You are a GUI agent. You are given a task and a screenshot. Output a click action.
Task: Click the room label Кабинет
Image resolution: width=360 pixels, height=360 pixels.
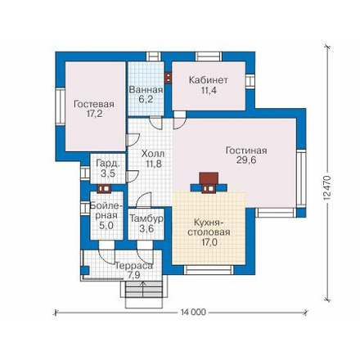click(209, 80)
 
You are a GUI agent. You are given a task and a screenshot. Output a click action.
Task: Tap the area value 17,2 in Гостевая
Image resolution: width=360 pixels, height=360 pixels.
click(94, 114)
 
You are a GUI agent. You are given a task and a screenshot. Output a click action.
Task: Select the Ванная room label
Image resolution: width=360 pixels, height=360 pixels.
click(146, 90)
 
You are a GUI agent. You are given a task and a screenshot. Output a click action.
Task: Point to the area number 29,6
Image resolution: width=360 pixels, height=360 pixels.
click(246, 160)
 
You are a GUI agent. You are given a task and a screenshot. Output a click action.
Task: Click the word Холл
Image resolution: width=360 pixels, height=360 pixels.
click(153, 154)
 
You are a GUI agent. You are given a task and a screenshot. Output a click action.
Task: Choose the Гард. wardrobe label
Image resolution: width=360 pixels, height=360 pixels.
click(108, 164)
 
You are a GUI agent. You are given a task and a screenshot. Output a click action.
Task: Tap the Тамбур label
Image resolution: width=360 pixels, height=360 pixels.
click(146, 218)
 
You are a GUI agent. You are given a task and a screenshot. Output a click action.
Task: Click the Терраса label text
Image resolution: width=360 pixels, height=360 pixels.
click(133, 266)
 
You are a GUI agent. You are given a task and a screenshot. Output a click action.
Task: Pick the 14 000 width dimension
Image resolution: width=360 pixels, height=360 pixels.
click(193, 312)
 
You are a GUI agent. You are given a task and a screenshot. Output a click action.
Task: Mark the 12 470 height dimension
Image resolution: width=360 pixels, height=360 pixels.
click(327, 189)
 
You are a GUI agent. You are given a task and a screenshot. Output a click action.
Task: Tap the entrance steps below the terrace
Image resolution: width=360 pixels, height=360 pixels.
click(144, 295)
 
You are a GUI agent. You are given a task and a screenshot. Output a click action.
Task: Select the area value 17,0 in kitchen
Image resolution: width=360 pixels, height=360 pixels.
click(209, 242)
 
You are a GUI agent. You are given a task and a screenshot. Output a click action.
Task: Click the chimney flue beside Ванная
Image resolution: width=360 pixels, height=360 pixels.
click(169, 78)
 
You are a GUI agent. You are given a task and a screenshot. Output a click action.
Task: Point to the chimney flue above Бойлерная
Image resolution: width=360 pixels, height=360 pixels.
click(104, 188)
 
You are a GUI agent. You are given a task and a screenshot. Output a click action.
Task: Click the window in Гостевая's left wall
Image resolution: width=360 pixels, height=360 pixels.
click(61, 106)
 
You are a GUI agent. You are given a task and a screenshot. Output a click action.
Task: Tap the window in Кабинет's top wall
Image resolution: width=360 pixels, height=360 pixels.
click(209, 56)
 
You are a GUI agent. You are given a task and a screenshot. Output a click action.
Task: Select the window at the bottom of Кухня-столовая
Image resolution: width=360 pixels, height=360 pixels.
click(209, 270)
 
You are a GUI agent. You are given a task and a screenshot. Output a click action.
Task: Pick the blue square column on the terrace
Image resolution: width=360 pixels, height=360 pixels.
click(85, 270)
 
